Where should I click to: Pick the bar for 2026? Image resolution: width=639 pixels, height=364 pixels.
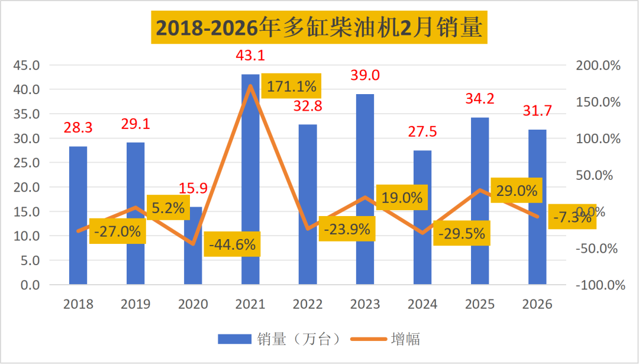(x=537, y=207)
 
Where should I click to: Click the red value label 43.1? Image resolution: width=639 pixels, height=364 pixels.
(x=250, y=56)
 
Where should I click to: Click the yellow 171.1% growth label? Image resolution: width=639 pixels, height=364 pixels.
(x=291, y=86)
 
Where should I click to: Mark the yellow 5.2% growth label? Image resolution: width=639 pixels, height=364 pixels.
(x=167, y=207)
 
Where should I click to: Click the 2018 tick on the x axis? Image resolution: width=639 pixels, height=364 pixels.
(x=78, y=304)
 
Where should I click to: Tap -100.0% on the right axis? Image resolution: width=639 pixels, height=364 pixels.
(x=599, y=285)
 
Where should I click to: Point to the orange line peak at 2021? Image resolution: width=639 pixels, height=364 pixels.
(x=251, y=86)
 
